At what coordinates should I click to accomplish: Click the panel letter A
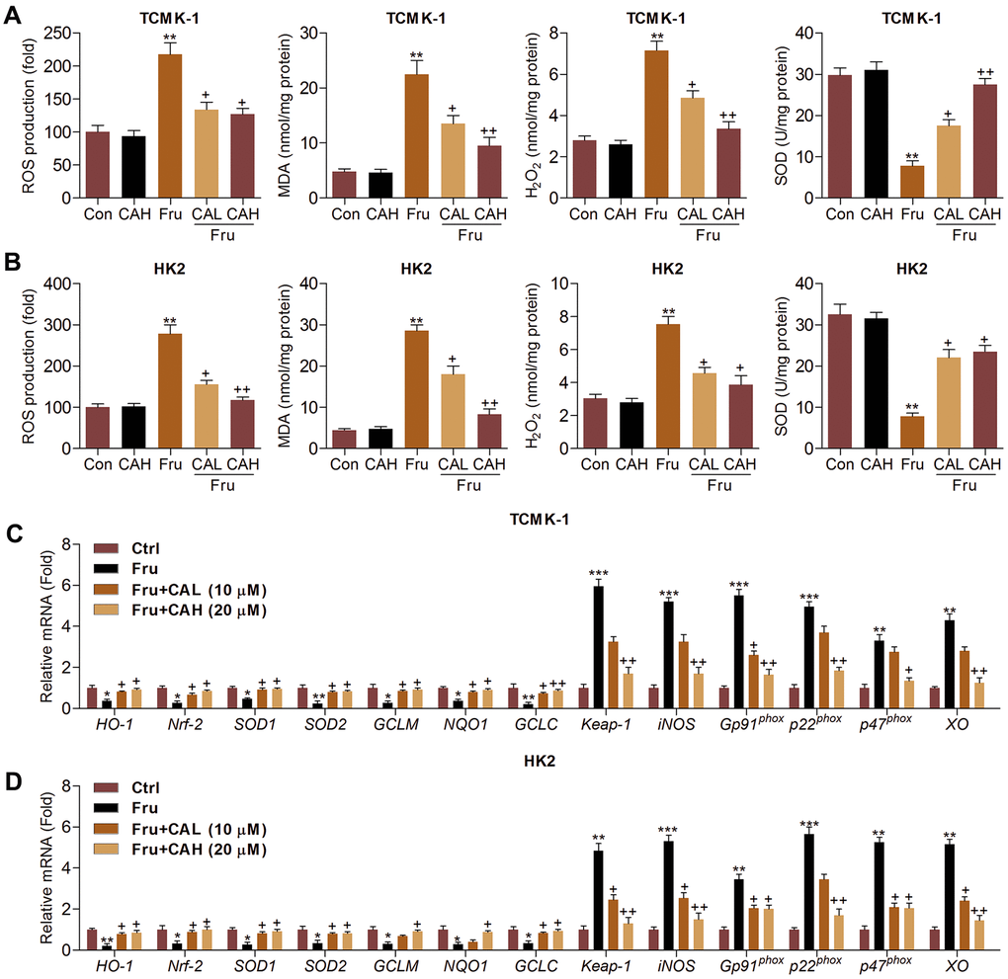[13, 12]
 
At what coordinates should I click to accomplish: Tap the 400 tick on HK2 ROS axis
[61, 284]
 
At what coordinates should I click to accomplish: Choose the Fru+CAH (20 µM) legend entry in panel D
[198, 850]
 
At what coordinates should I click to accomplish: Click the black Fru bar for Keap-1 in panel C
[597, 647]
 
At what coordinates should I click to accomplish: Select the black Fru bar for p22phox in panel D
[809, 891]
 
